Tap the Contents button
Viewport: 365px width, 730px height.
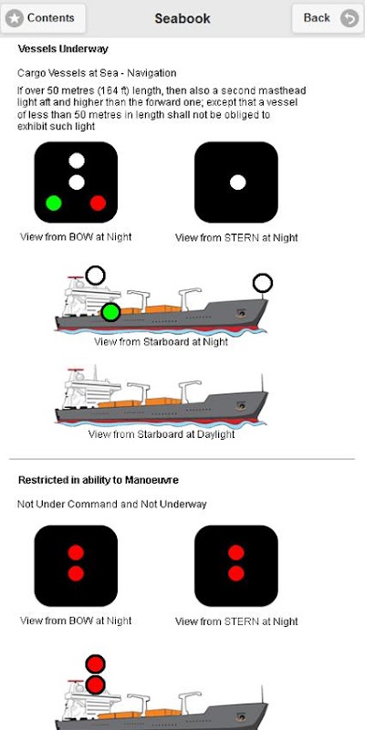[x=43, y=18]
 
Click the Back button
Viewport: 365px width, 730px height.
[x=328, y=18]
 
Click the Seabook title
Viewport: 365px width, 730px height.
[x=182, y=18]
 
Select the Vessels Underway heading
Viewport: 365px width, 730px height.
[x=63, y=49]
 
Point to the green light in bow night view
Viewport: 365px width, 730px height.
[x=54, y=203]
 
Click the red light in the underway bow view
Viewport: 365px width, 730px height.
[x=98, y=203]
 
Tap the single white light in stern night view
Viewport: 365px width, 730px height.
[x=237, y=182]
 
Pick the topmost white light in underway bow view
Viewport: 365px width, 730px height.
[x=77, y=161]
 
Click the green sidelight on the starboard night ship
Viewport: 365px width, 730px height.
[x=110, y=312]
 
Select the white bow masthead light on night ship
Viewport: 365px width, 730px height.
[x=263, y=283]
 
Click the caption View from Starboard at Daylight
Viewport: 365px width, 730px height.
[x=162, y=434]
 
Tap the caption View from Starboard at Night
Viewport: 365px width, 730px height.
[x=162, y=341]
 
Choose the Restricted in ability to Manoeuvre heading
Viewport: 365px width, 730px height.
[x=99, y=480]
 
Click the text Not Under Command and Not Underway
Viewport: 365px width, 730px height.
[x=111, y=505]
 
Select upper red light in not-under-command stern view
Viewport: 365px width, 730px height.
[x=236, y=553]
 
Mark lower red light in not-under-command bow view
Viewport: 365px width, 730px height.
[x=76, y=573]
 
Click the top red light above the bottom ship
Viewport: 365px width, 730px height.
[x=96, y=664]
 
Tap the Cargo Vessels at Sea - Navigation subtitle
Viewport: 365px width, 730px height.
[x=97, y=73]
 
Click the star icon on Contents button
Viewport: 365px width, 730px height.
[x=15, y=18]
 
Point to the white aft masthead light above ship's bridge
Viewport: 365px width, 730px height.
[x=96, y=276]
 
